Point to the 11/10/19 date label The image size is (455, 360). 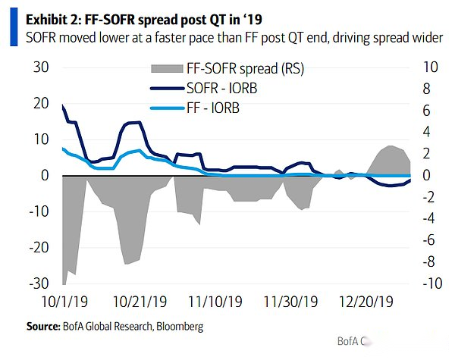pos(216,302)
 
